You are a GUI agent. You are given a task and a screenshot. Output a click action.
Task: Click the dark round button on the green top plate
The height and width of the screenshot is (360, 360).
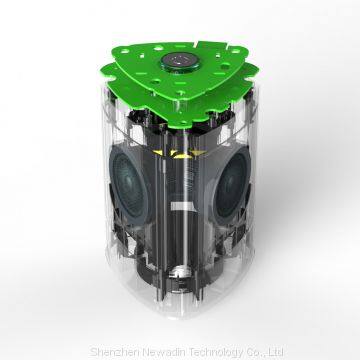[180, 61]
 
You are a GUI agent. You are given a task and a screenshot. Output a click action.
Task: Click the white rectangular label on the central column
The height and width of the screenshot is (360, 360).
[182, 206]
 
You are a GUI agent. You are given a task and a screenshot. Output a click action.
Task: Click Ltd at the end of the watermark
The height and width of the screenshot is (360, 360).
[277, 352]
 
